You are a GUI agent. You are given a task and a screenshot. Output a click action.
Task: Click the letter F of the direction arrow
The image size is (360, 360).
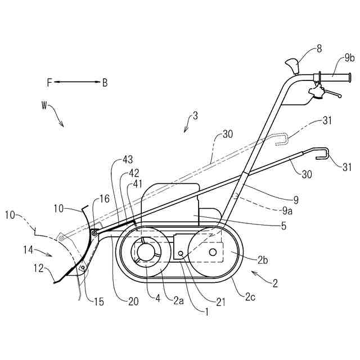tap(49, 83)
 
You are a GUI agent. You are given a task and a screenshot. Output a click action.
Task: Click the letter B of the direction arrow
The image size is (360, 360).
tap(105, 83)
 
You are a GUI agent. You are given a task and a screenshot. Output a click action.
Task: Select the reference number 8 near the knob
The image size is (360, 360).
tap(319, 49)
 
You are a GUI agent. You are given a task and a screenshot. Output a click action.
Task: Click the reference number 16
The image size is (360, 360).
tap(104, 198)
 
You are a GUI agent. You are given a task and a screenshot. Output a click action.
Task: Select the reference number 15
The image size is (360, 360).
tap(98, 303)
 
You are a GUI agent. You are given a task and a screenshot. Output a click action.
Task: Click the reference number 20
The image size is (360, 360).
tap(133, 301)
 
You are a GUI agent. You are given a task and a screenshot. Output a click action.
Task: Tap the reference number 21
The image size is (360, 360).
tap(221, 301)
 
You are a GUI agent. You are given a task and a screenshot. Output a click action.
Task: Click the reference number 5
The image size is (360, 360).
tap(283, 226)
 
